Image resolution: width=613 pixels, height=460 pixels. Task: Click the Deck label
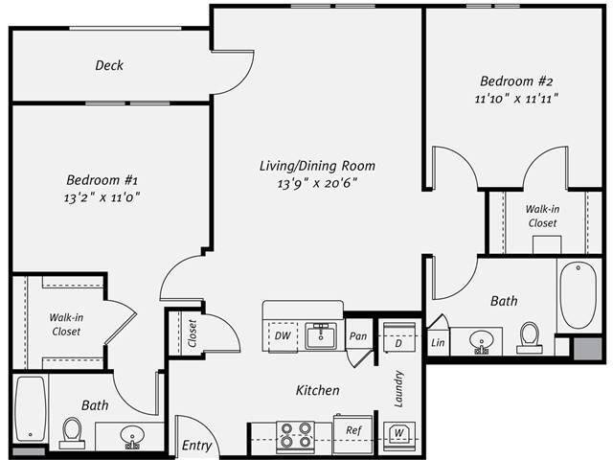coord(109,66)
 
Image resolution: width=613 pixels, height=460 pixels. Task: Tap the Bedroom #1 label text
coord(102,179)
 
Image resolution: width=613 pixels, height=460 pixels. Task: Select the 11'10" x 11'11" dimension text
coord(515,98)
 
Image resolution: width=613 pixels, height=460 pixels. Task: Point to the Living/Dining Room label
coord(317,166)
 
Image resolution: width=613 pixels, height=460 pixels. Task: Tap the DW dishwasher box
coord(284,336)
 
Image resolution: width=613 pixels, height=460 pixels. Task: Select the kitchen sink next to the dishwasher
coord(321,336)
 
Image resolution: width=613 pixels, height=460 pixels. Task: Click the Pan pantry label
coord(358,336)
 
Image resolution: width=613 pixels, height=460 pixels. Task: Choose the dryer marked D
coord(397,342)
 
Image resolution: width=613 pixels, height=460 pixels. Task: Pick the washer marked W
coord(397,432)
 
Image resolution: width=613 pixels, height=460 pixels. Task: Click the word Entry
coord(196,447)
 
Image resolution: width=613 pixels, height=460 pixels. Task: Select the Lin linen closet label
coord(438,342)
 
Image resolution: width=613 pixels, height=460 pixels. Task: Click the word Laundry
coord(397,389)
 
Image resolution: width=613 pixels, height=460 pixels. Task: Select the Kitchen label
coord(317,391)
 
